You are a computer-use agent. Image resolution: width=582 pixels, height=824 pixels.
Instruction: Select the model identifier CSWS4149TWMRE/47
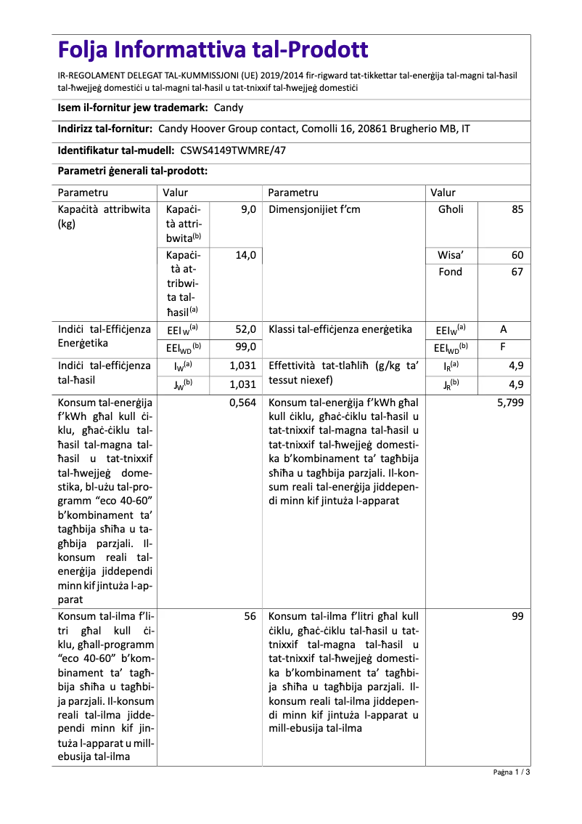tap(232, 150)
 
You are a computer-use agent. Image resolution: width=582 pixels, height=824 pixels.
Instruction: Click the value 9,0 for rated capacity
tap(248, 209)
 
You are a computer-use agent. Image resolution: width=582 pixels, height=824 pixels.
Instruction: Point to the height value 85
tap(517, 209)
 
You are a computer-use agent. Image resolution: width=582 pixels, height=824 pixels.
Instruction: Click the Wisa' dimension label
tap(451, 256)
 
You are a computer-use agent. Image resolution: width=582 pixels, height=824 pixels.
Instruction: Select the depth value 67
tap(517, 272)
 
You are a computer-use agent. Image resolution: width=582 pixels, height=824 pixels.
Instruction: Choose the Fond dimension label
tap(451, 272)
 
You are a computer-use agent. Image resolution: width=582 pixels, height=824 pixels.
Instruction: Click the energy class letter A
tap(504, 329)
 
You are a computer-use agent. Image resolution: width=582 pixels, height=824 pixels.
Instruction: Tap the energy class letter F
tap(504, 347)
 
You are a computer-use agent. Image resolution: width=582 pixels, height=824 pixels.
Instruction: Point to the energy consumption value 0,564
tap(242, 402)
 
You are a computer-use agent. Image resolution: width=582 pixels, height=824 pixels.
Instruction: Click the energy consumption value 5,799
tap(510, 402)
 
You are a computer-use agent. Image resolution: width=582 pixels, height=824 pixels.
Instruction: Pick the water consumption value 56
tap(250, 615)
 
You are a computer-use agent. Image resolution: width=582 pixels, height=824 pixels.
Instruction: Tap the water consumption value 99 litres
tap(517, 615)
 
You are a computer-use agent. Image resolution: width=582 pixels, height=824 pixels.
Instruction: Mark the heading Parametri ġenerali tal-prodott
tap(133, 171)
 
